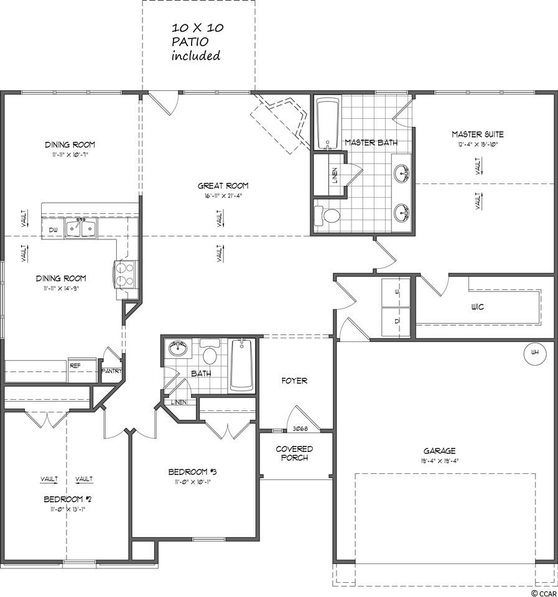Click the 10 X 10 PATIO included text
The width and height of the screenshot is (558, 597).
[x=197, y=42]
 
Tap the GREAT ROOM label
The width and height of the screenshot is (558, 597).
[x=223, y=185]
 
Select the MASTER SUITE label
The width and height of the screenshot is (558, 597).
[x=477, y=134]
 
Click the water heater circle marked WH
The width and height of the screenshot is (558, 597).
[x=534, y=353]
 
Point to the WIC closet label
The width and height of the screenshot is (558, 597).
[x=478, y=307]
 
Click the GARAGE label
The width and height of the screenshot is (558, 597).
[x=440, y=451]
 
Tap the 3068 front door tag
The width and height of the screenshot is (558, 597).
[x=300, y=428]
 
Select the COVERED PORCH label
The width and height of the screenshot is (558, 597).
[x=294, y=453]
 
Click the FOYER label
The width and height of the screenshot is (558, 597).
[x=294, y=381]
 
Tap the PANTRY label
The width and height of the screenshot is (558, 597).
[x=112, y=372]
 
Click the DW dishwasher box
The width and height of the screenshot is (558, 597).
[x=53, y=230]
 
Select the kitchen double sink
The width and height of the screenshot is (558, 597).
[x=81, y=229]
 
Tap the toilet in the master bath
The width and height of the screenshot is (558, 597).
[x=327, y=216]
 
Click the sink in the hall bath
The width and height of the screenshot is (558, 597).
[x=179, y=348]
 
